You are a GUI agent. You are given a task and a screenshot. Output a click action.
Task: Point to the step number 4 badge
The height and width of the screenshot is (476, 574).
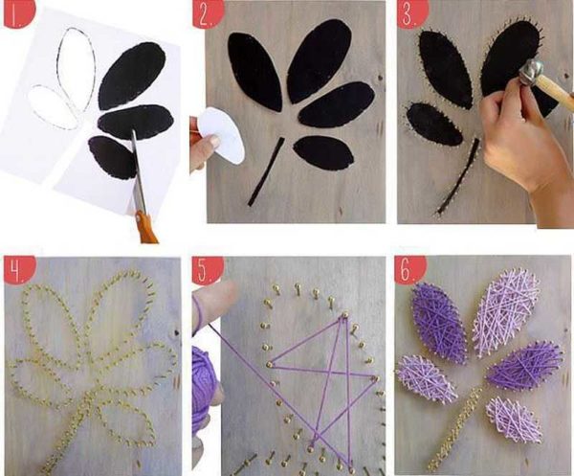point(17,269)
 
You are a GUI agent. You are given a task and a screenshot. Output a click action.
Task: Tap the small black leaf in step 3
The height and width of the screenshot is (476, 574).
point(434,125)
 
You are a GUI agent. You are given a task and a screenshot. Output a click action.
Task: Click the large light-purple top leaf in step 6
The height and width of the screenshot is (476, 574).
point(506,314)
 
